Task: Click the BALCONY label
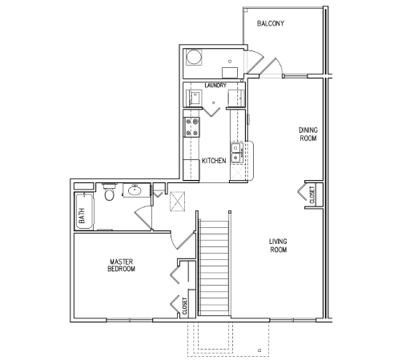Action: click(271, 23)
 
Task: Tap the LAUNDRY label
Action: click(215, 86)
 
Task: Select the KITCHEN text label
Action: click(214, 161)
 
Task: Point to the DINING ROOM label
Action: click(308, 134)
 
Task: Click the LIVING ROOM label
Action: click(278, 246)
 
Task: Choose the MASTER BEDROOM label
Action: click(121, 265)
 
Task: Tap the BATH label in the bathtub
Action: click(82, 215)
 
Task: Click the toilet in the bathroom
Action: click(109, 191)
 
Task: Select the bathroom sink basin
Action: click(135, 190)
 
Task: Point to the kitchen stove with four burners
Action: click(191, 127)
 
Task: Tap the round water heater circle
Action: click(194, 57)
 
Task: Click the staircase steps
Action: click(214, 267)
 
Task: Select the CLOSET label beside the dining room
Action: click(312, 194)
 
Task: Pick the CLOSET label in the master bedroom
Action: click(185, 306)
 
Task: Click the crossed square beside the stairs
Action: click(178, 201)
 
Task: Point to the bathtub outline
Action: click(84, 211)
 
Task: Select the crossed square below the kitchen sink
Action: click(238, 171)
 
